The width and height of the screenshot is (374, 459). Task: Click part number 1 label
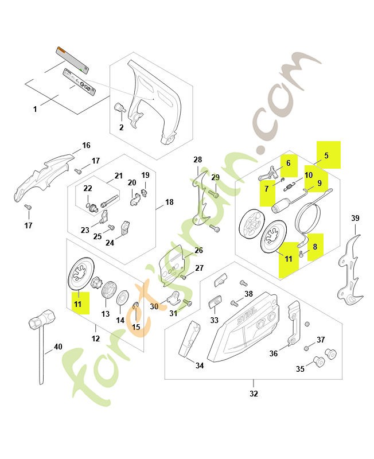pyautogui.click(x=35, y=108)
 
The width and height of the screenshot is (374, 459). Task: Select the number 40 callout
pyautogui.click(x=58, y=346)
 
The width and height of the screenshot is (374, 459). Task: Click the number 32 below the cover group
pyautogui.click(x=254, y=394)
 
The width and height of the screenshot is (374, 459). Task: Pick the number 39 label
pyautogui.click(x=355, y=218)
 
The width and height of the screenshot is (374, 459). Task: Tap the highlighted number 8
pyautogui.click(x=314, y=247)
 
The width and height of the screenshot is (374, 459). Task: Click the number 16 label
pyautogui.click(x=86, y=145)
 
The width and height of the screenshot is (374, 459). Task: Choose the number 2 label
pyautogui.click(x=121, y=127)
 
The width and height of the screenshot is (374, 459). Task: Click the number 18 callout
pyautogui.click(x=169, y=202)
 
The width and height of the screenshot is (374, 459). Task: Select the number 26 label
pyautogui.click(x=198, y=250)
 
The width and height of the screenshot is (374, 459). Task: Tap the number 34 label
pyautogui.click(x=199, y=365)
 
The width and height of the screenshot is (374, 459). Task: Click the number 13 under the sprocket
pyautogui.click(x=105, y=314)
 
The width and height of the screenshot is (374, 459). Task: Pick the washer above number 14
pyautogui.click(x=122, y=297)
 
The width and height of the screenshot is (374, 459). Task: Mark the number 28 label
pyautogui.click(x=197, y=160)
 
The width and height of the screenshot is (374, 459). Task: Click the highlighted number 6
pyautogui.click(x=289, y=164)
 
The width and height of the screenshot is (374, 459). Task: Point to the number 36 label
pyautogui.click(x=274, y=353)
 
